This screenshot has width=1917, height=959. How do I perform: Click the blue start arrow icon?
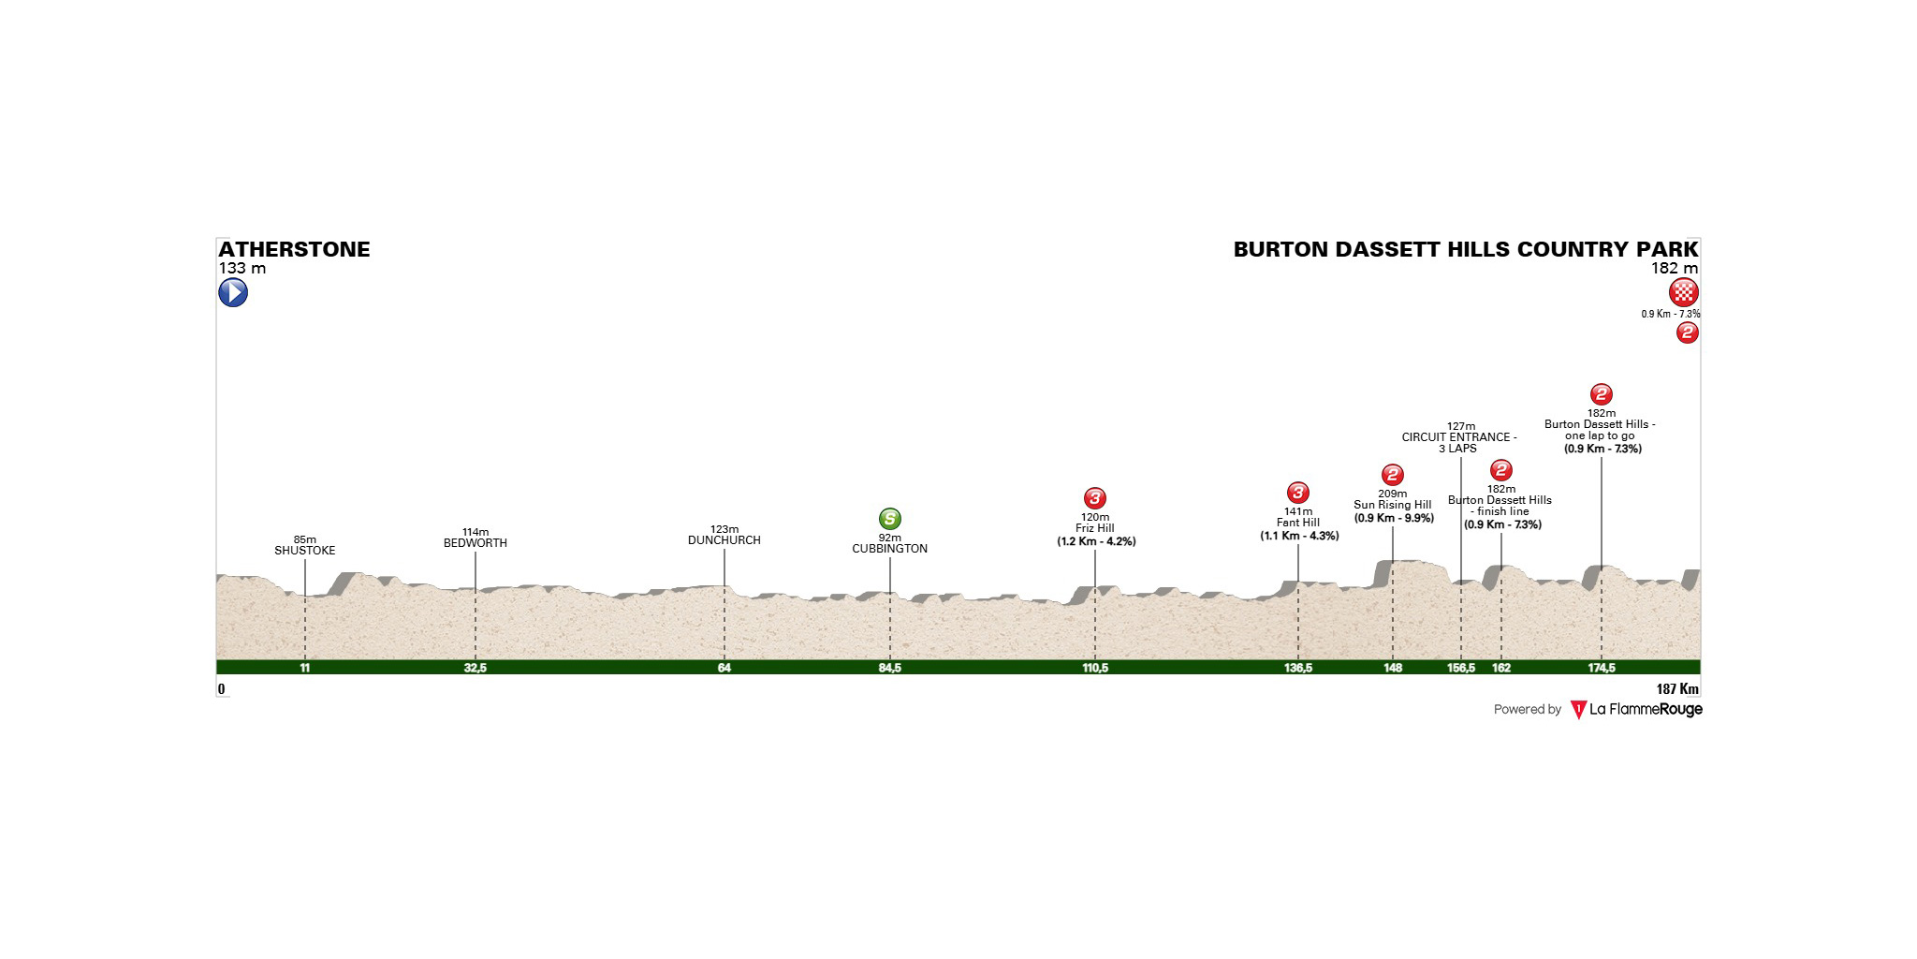click(x=233, y=293)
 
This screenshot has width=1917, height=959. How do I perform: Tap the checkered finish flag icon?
click(x=1684, y=293)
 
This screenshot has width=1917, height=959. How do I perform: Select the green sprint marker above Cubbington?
click(x=890, y=519)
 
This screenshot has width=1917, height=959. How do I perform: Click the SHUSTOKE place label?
click(x=305, y=551)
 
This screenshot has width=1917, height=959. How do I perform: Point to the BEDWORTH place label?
click(x=476, y=543)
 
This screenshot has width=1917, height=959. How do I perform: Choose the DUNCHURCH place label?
click(x=724, y=540)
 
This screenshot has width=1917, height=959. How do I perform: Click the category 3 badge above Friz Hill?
click(x=1095, y=498)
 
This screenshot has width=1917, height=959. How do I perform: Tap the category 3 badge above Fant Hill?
click(x=1297, y=493)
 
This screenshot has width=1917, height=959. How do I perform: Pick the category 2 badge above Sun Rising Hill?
click(x=1393, y=475)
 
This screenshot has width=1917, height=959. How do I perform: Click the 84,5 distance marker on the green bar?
click(x=890, y=668)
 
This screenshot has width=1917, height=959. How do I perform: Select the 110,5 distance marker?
click(x=1095, y=668)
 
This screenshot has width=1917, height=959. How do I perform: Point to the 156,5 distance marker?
click(x=1461, y=668)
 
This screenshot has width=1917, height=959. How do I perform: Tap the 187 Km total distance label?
click(x=1677, y=689)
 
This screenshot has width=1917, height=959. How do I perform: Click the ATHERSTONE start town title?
click(x=294, y=249)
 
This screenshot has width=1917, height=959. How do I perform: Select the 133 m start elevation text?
click(x=242, y=269)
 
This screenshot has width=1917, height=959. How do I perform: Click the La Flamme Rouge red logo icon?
click(x=1578, y=710)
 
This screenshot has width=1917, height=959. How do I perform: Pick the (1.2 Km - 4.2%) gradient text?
click(x=1096, y=541)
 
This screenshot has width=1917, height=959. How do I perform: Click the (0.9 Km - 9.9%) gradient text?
click(x=1394, y=518)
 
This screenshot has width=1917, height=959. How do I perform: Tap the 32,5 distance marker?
click(x=476, y=668)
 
